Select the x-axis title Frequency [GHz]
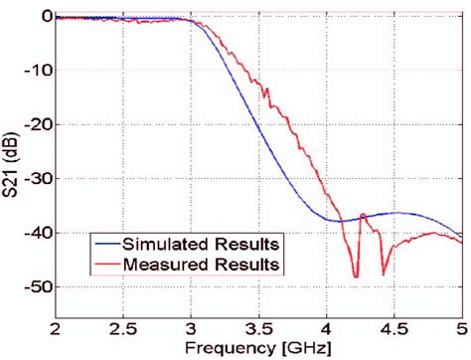pyautogui.click(x=258, y=348)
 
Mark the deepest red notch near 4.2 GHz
pyautogui.click(x=356, y=276)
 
